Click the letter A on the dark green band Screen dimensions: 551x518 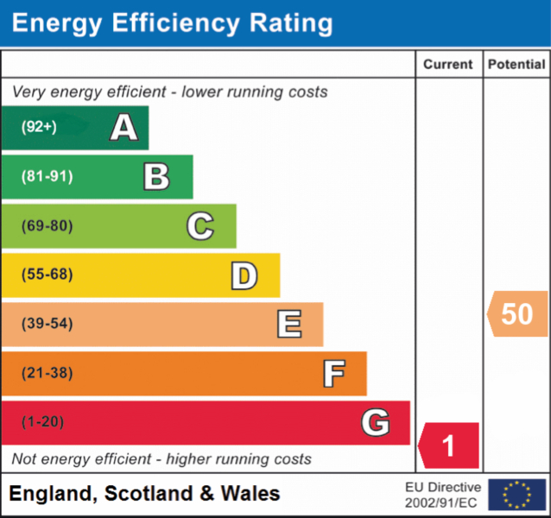point(124,127)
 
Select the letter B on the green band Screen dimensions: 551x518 point(156,177)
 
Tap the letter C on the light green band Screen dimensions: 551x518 point(200,226)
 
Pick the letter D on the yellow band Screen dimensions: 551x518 point(244,275)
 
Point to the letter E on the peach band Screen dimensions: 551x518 point(289,324)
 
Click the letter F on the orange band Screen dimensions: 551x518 point(334,374)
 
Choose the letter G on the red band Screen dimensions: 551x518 point(376,422)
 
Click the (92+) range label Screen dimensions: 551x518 point(39,127)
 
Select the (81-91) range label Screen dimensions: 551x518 point(47,176)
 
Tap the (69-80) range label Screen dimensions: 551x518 point(47,226)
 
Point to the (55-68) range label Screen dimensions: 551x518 point(47,275)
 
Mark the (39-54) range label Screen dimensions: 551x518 point(47,324)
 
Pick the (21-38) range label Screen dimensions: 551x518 point(47,373)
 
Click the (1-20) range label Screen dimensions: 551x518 point(43,422)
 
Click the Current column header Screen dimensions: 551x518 point(448,64)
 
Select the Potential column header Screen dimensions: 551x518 point(516,64)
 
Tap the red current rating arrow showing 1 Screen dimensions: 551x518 point(448,445)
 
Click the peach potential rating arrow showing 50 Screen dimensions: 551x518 point(517,313)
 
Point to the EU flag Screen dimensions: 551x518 point(517,495)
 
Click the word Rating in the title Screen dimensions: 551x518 point(291,23)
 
